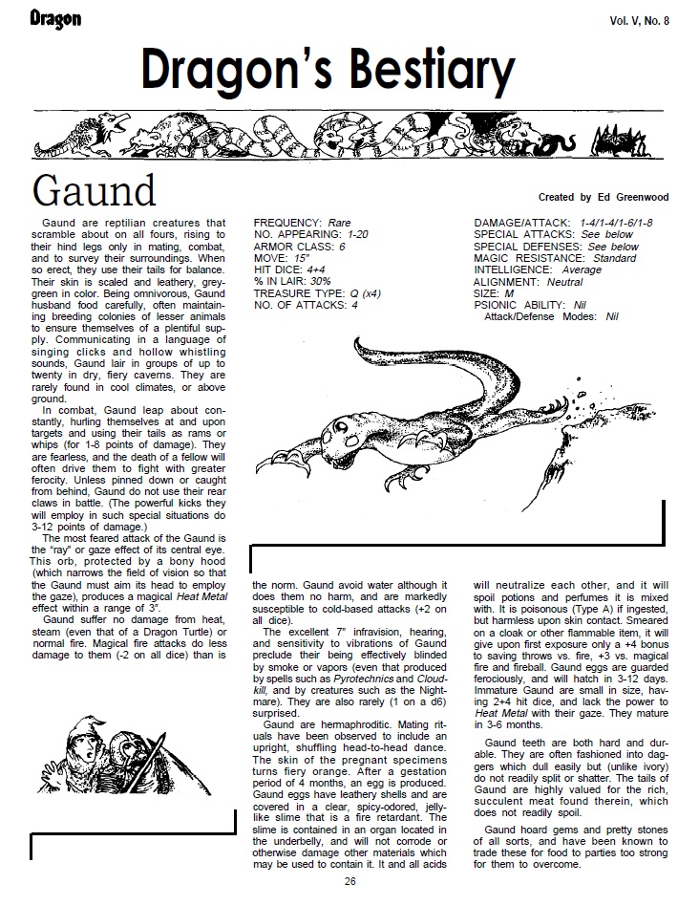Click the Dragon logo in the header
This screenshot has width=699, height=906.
[54, 19]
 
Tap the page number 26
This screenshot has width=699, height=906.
[350, 881]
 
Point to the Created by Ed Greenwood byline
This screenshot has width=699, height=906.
[604, 197]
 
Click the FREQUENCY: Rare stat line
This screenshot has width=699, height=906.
[302, 223]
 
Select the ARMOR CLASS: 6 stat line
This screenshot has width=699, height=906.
[297, 247]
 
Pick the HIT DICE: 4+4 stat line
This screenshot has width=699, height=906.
[289, 270]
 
